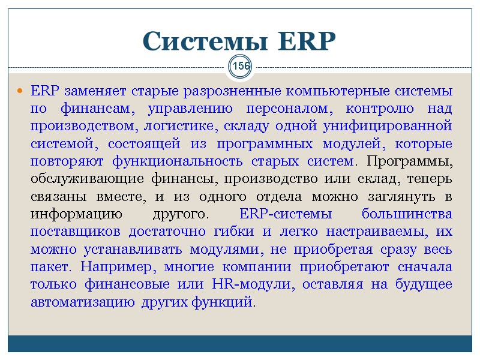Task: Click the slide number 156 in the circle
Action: coord(241,66)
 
